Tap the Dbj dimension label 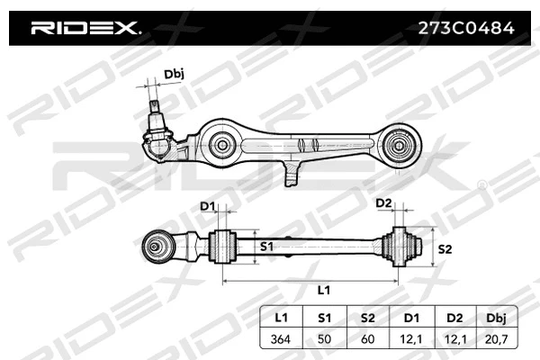pyautogui.click(x=174, y=75)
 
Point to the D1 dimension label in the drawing pyautogui.click(x=208, y=206)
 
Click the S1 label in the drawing pyautogui.click(x=267, y=246)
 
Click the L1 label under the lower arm pyautogui.click(x=323, y=292)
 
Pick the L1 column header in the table pyautogui.click(x=280, y=318)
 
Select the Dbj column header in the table pyautogui.click(x=496, y=318)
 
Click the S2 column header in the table pyautogui.click(x=366, y=318)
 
